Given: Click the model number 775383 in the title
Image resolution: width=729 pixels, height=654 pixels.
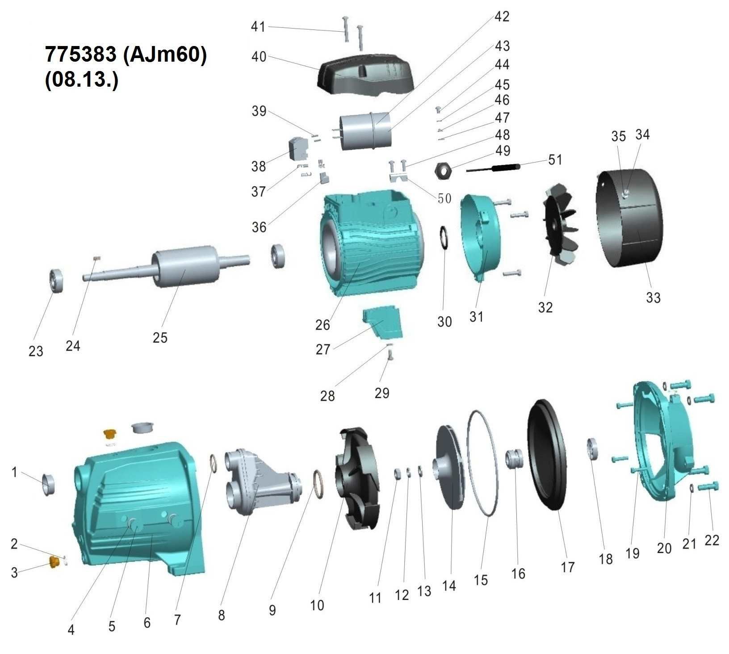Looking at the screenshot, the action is pyautogui.click(x=80, y=54).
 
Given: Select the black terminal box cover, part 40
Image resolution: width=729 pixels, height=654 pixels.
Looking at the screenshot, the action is pyautogui.click(x=365, y=74).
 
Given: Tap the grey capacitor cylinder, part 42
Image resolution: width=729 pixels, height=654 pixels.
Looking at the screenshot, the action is pyautogui.click(x=366, y=130).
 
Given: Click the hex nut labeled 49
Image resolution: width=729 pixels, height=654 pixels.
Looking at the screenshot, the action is pyautogui.click(x=443, y=170).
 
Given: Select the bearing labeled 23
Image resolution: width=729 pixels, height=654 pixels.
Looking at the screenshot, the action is pyautogui.click(x=57, y=281).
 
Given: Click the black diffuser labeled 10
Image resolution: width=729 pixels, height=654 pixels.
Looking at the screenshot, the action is pyautogui.click(x=357, y=478).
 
